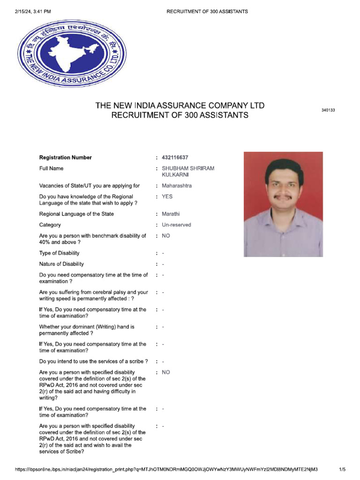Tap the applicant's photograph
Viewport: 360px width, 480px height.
tap(283, 204)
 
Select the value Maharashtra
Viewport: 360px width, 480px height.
tap(177, 186)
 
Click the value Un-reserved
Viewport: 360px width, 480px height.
tap(176, 225)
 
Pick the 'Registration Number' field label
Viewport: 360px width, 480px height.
tap(66, 157)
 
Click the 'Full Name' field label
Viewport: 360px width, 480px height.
tap(51, 168)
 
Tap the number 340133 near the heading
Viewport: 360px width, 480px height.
tap(328, 110)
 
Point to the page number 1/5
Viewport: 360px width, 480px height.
tap(342, 469)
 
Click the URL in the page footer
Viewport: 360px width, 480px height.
tap(166, 469)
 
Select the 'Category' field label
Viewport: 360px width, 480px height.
tap(50, 225)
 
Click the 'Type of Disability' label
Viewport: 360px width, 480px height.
tap(60, 253)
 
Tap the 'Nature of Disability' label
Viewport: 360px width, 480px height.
tap(61, 264)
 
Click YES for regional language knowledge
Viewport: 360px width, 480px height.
tap(167, 196)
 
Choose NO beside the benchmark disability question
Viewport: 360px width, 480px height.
tap(166, 236)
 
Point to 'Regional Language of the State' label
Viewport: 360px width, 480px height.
tap(76, 214)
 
